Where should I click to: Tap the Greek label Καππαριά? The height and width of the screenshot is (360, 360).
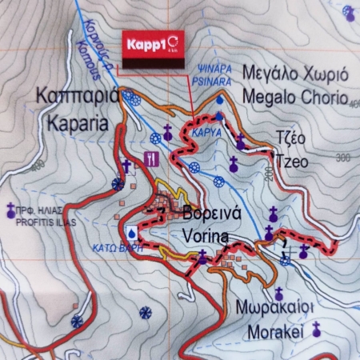click(78, 98)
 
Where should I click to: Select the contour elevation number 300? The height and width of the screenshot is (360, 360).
click(344, 158)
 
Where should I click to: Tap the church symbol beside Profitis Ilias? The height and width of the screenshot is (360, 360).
click(10, 210)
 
